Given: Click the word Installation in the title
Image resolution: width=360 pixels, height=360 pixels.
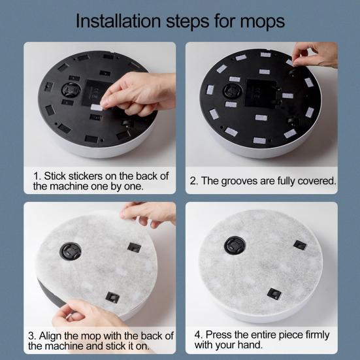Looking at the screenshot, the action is pos(118,21).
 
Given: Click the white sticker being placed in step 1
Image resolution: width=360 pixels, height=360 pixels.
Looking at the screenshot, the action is pos(97,107).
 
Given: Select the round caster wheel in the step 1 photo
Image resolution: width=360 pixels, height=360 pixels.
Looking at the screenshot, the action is pos(71,90).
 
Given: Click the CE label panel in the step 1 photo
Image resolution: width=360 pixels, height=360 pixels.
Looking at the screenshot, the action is pos(97,93).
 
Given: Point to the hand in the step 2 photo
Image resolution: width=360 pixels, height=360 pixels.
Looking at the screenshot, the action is pos(315,55).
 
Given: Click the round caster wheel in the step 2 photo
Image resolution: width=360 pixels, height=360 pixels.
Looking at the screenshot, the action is pos(233,91).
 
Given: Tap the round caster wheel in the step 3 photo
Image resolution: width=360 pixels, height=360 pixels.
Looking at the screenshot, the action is pos(71,251).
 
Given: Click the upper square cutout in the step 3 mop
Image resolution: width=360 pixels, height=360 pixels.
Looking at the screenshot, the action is pos(135,248).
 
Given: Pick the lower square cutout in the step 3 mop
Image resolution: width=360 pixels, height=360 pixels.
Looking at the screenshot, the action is pos(112,297).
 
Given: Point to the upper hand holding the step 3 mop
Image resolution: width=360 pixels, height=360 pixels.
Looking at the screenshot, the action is pos(148,214).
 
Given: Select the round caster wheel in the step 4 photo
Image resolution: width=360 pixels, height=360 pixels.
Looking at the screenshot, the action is pos(235,245).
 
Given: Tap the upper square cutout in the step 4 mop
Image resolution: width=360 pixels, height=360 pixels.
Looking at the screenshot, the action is pos(300,245).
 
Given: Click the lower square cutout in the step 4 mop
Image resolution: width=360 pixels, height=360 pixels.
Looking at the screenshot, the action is pos(274,294).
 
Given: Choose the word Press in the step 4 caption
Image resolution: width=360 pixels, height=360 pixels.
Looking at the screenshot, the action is pos(219,335).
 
